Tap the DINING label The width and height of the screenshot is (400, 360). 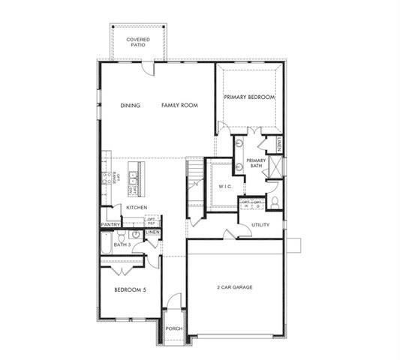(x=131, y=106)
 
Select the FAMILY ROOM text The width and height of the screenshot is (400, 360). (x=179, y=106)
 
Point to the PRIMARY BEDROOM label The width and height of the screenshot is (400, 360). (x=249, y=97)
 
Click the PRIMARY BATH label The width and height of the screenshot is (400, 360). (x=256, y=163)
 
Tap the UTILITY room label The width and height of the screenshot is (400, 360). (x=260, y=224)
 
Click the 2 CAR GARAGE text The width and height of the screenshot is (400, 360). (x=234, y=287)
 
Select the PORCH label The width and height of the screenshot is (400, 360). (x=173, y=328)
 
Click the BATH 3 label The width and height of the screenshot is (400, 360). (x=122, y=244)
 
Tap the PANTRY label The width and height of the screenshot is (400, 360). (x=110, y=223)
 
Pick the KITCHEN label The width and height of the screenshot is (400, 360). (x=137, y=207)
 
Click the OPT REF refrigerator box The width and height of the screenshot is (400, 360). (x=151, y=222)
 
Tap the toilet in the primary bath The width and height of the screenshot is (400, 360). (x=274, y=201)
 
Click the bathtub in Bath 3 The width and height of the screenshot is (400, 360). (x=106, y=244)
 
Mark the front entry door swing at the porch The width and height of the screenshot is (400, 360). (x=173, y=301)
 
